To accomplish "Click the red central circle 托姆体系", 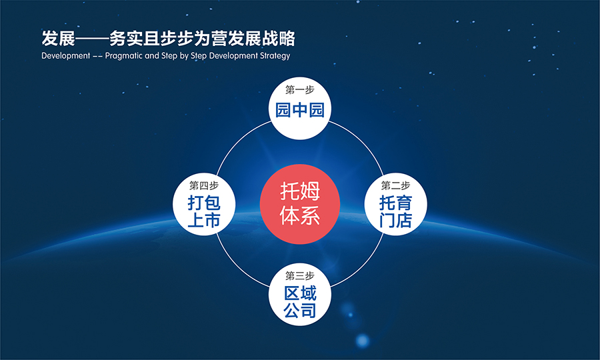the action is (299, 204).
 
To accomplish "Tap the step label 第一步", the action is (299, 90).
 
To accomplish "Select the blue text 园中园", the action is (299, 110).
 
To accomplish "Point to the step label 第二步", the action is (395, 185).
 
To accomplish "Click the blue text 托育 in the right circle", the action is (395, 203).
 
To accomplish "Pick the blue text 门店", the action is (395, 221).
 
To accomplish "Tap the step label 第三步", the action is (299, 275).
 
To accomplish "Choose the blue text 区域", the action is (300, 293).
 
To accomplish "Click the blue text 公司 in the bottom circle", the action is (300, 310).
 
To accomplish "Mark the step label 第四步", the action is (204, 185).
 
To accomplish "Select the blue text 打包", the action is (204, 203).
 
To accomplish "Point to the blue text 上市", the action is (204, 221).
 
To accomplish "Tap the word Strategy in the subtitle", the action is (275, 56).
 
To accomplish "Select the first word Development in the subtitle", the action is (65, 55).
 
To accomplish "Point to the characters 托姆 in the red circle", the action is (299, 191).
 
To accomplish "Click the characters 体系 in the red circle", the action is (299, 215).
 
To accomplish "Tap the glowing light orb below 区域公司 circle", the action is (363, 340).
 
